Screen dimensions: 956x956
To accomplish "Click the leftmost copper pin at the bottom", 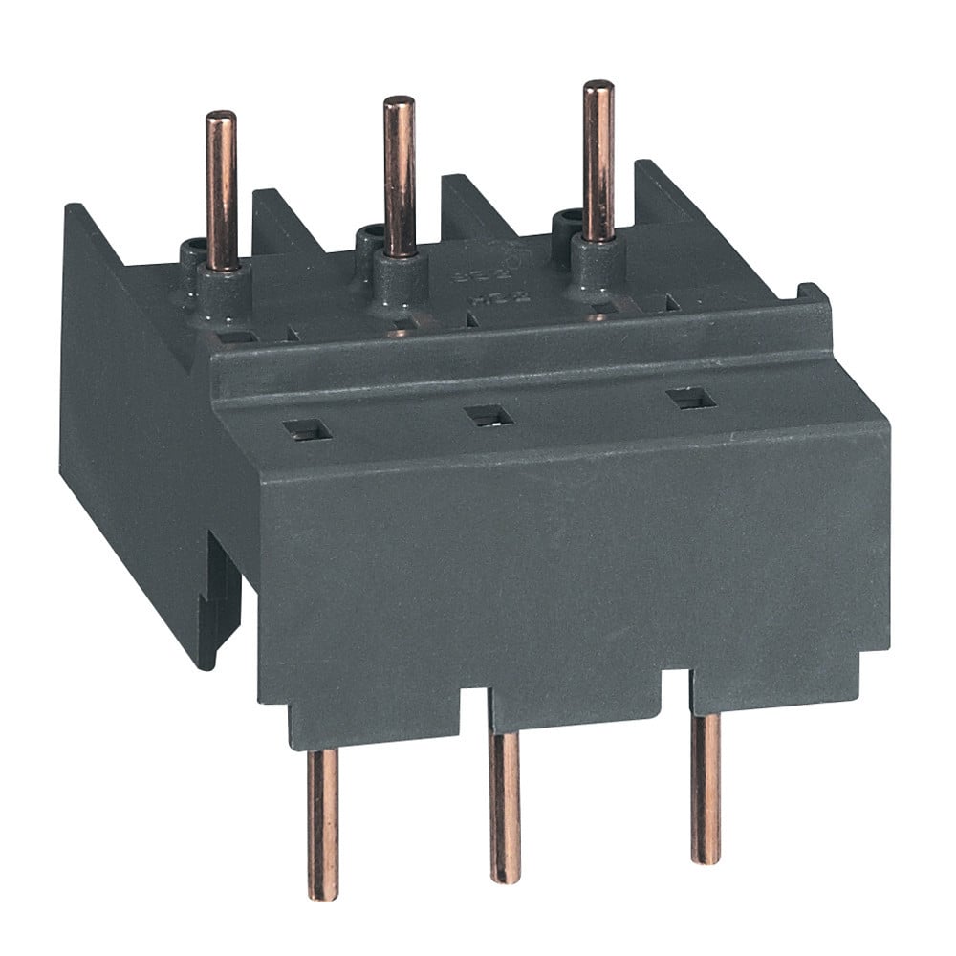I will (322, 822).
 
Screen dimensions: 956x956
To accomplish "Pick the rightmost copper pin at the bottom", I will (706, 789).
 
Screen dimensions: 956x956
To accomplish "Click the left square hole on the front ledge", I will (307, 431).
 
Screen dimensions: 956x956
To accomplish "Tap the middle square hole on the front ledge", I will (488, 415).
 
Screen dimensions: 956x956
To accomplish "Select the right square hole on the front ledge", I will (690, 399).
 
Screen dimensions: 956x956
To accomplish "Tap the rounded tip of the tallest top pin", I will (598, 88).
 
